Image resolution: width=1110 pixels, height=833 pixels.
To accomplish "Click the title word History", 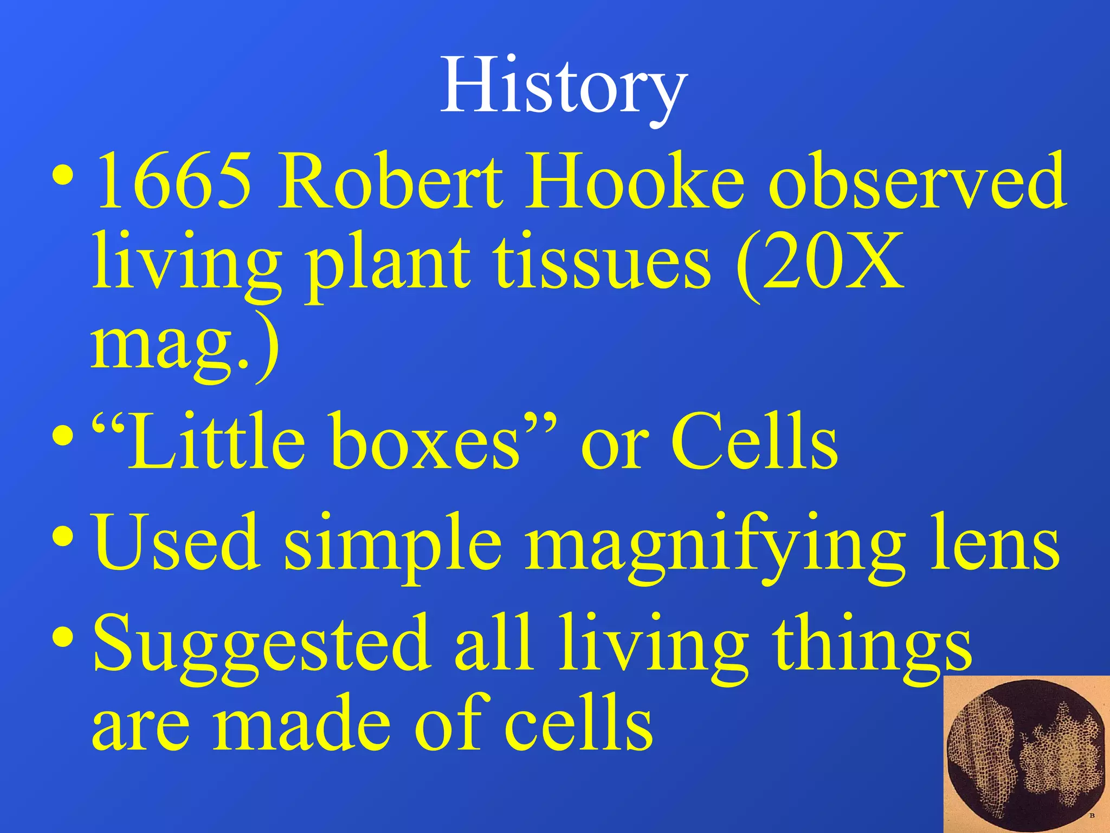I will [x=564, y=87].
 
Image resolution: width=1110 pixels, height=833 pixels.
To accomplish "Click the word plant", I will [x=388, y=263].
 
